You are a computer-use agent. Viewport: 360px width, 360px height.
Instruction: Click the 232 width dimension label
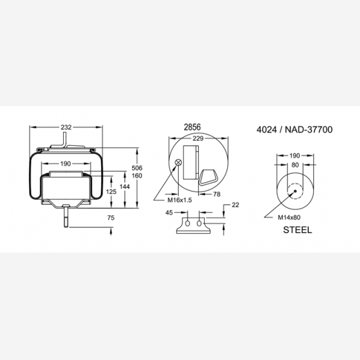point(66,127)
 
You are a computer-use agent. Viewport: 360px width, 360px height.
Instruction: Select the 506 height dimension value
point(137,168)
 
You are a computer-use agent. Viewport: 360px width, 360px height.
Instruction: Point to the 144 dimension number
point(124,187)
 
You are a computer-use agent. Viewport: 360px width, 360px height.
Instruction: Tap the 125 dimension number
point(111,191)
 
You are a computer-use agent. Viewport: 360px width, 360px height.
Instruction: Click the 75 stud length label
point(111,218)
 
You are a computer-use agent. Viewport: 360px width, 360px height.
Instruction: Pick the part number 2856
point(193,127)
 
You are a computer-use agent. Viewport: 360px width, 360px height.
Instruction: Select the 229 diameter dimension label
point(198,138)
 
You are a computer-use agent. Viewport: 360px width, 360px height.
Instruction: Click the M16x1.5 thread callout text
point(179,200)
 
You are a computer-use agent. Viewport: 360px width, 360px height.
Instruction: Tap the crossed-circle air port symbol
point(178,162)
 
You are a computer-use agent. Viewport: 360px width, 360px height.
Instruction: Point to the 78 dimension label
point(217,195)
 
